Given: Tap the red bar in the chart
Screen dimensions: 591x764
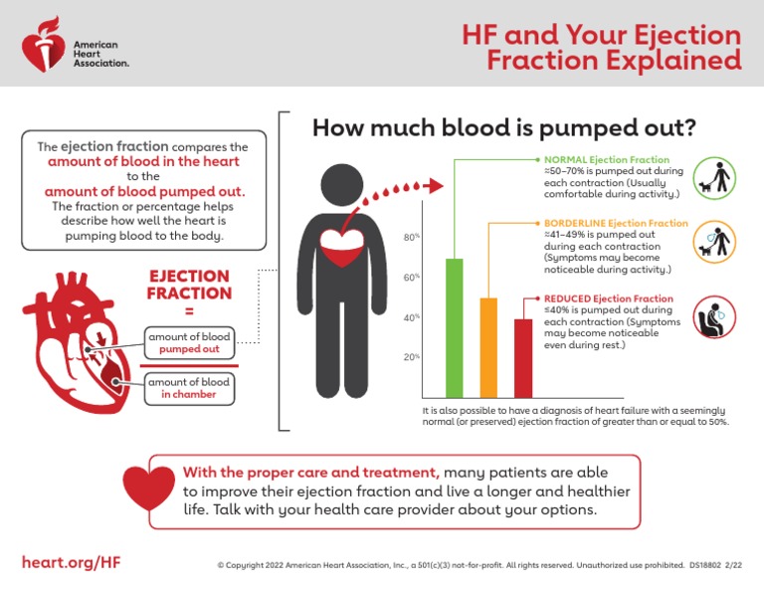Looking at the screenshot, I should (522, 357).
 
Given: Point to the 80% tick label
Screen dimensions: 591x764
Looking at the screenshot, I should (411, 237).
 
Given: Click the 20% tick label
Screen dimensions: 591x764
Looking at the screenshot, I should (411, 356).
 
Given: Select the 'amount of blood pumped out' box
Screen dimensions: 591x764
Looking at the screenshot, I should (189, 343).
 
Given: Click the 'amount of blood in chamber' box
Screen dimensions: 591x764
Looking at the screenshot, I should (189, 388).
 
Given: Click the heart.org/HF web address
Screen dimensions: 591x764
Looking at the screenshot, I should (72, 562).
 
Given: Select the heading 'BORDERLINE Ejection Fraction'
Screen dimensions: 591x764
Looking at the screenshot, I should (616, 223).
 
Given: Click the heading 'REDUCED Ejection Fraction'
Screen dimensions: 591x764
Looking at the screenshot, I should (608, 298).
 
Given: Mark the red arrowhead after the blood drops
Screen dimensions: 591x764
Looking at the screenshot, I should (434, 186).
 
